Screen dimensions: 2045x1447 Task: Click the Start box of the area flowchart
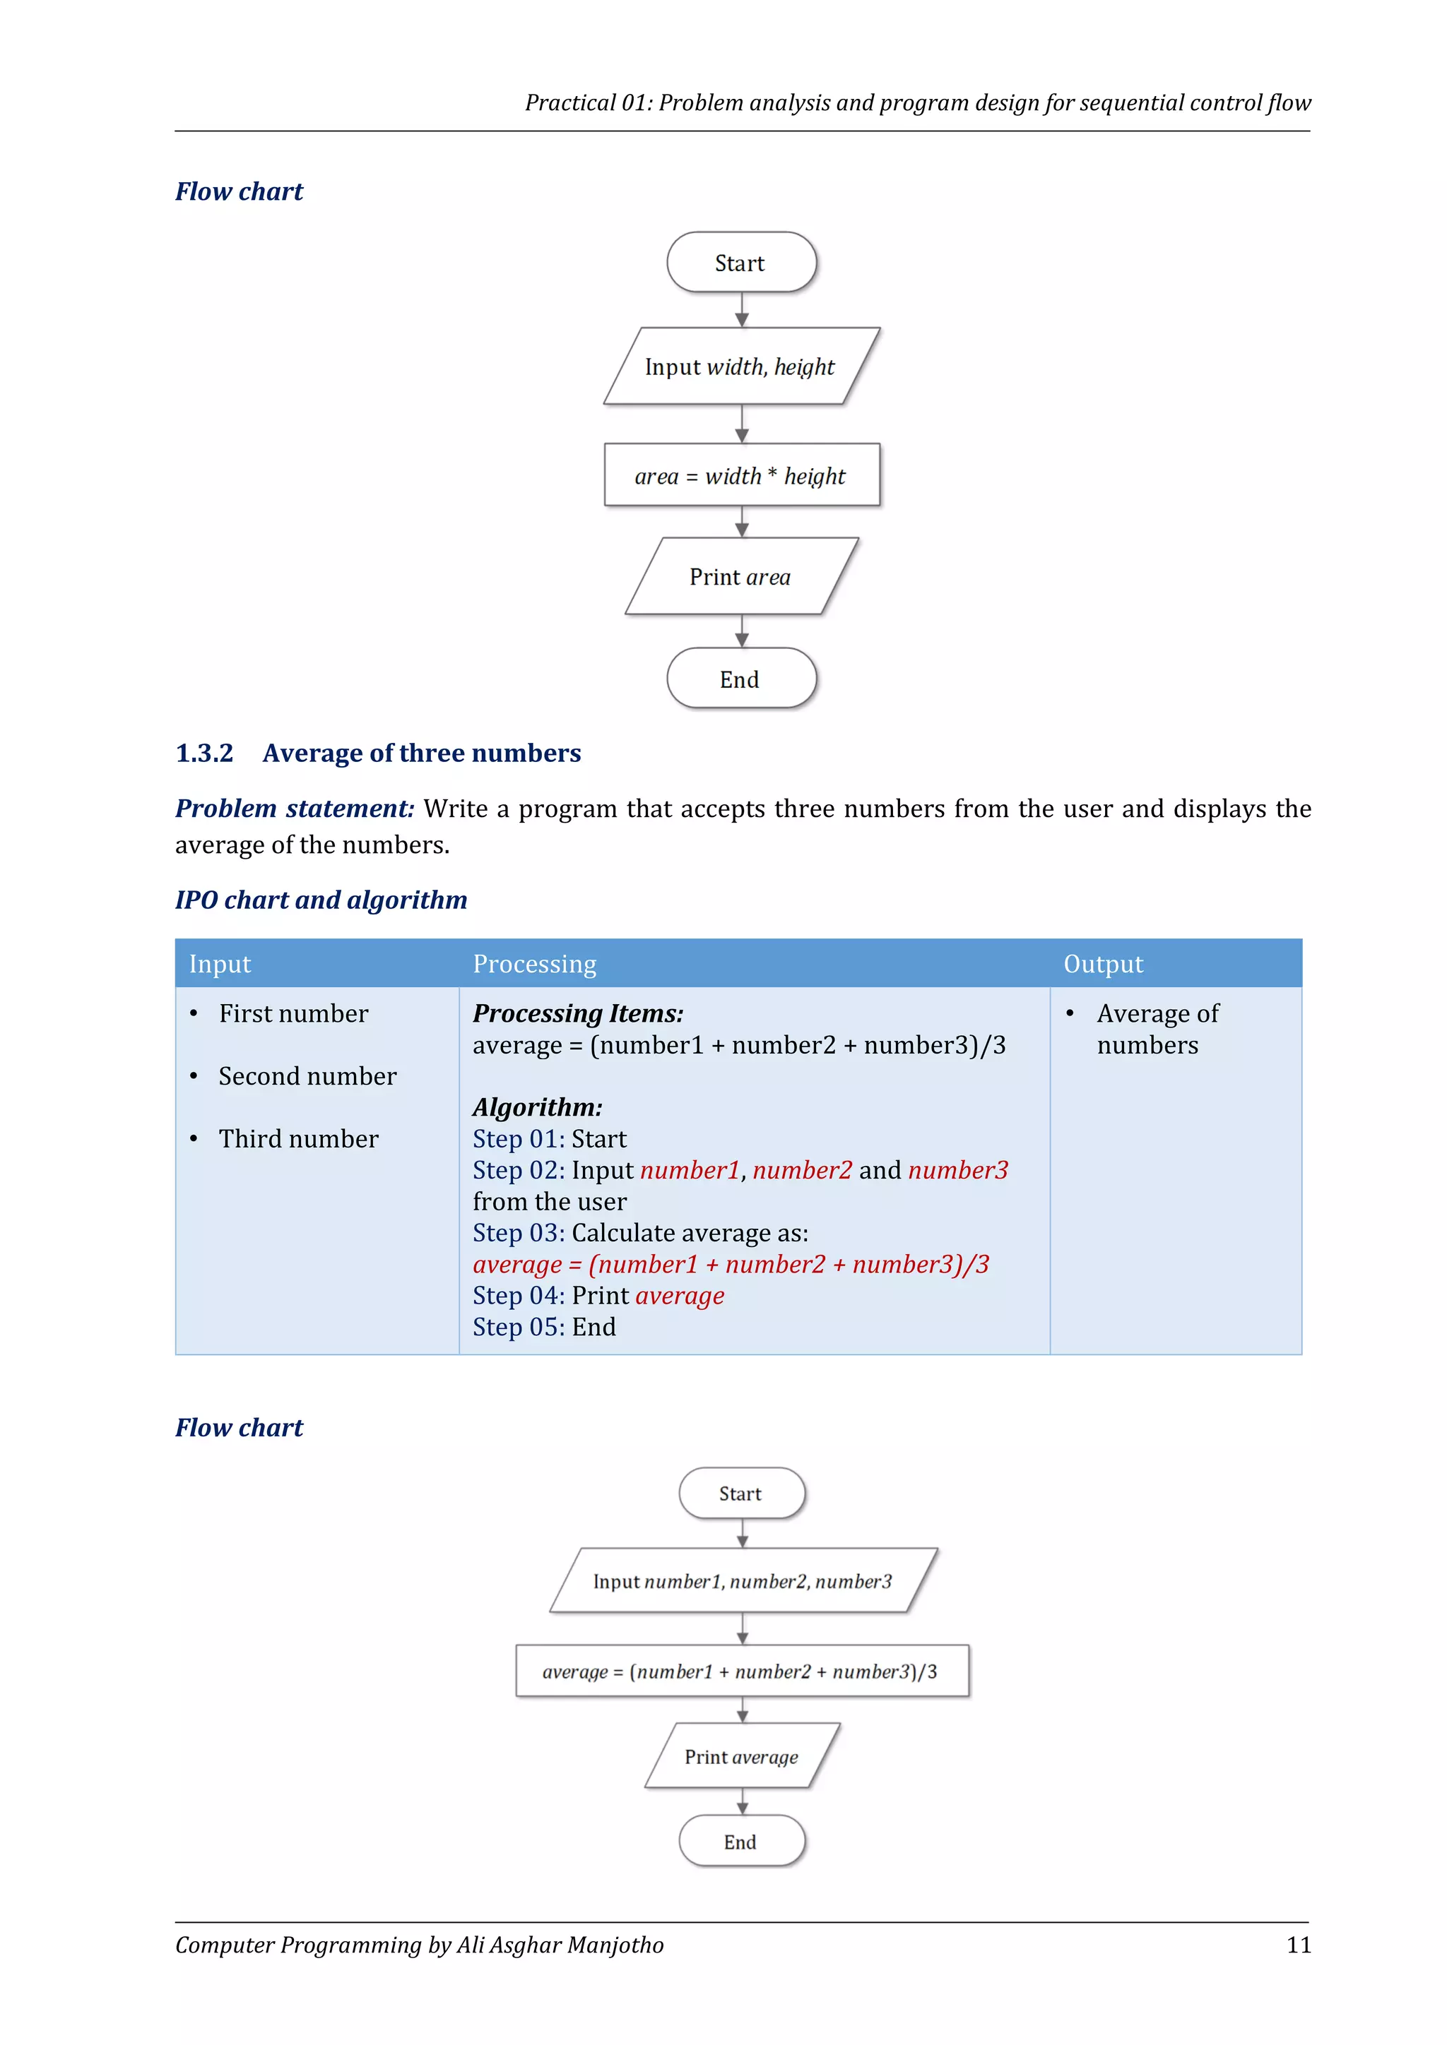[740, 263]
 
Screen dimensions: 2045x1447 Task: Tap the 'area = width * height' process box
[740, 476]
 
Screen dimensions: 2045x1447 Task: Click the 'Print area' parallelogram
[740, 577]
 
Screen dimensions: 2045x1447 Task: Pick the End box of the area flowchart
[740, 679]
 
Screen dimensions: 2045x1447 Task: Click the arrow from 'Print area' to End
[742, 631]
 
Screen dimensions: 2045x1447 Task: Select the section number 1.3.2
[204, 753]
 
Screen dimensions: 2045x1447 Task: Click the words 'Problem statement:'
[295, 809]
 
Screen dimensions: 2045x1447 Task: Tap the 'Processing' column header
[535, 964]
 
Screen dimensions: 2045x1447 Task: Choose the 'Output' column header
[1103, 964]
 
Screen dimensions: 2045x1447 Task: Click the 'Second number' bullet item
[307, 1076]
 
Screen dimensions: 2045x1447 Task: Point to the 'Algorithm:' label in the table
[537, 1107]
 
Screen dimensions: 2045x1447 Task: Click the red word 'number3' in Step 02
[958, 1170]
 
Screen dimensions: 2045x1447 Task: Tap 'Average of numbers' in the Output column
[1157, 1030]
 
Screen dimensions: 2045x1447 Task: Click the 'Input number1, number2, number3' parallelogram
[742, 1581]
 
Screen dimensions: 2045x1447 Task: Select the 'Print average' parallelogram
[741, 1756]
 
